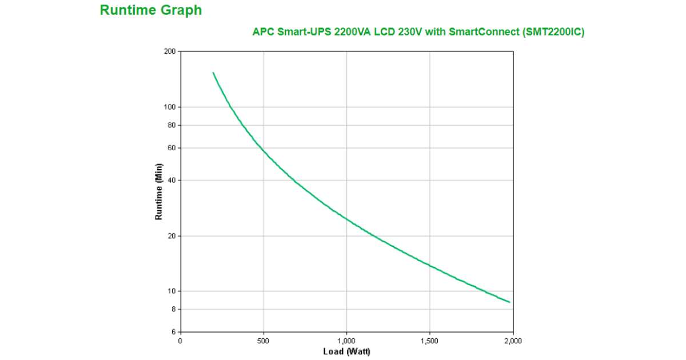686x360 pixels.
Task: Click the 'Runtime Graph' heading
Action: click(150, 10)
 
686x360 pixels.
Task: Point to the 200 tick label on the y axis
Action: click(170, 51)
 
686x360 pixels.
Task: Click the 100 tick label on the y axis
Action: click(170, 107)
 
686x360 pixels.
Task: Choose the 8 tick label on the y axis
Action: click(173, 309)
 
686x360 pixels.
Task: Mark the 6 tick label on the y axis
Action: click(173, 332)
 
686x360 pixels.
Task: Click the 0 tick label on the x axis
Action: click(181, 341)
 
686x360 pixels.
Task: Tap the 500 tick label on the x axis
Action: click(264, 341)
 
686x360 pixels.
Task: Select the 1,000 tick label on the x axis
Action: click(346, 341)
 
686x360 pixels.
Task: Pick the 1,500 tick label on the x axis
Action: click(429, 341)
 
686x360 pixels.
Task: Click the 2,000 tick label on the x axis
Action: click(513, 341)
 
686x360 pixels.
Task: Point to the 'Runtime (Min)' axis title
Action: click(159, 191)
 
